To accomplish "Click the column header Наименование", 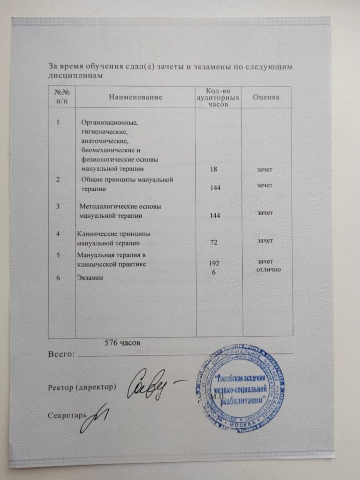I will click(136, 97).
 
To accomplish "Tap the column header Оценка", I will click(266, 97).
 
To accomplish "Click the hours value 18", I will click(216, 168).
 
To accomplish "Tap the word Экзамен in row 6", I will click(90, 277).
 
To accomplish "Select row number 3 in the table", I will click(58, 206).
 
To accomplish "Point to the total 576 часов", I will click(121, 343).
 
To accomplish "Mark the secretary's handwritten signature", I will click(96, 417).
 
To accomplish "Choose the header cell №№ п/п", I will click(62, 97).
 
